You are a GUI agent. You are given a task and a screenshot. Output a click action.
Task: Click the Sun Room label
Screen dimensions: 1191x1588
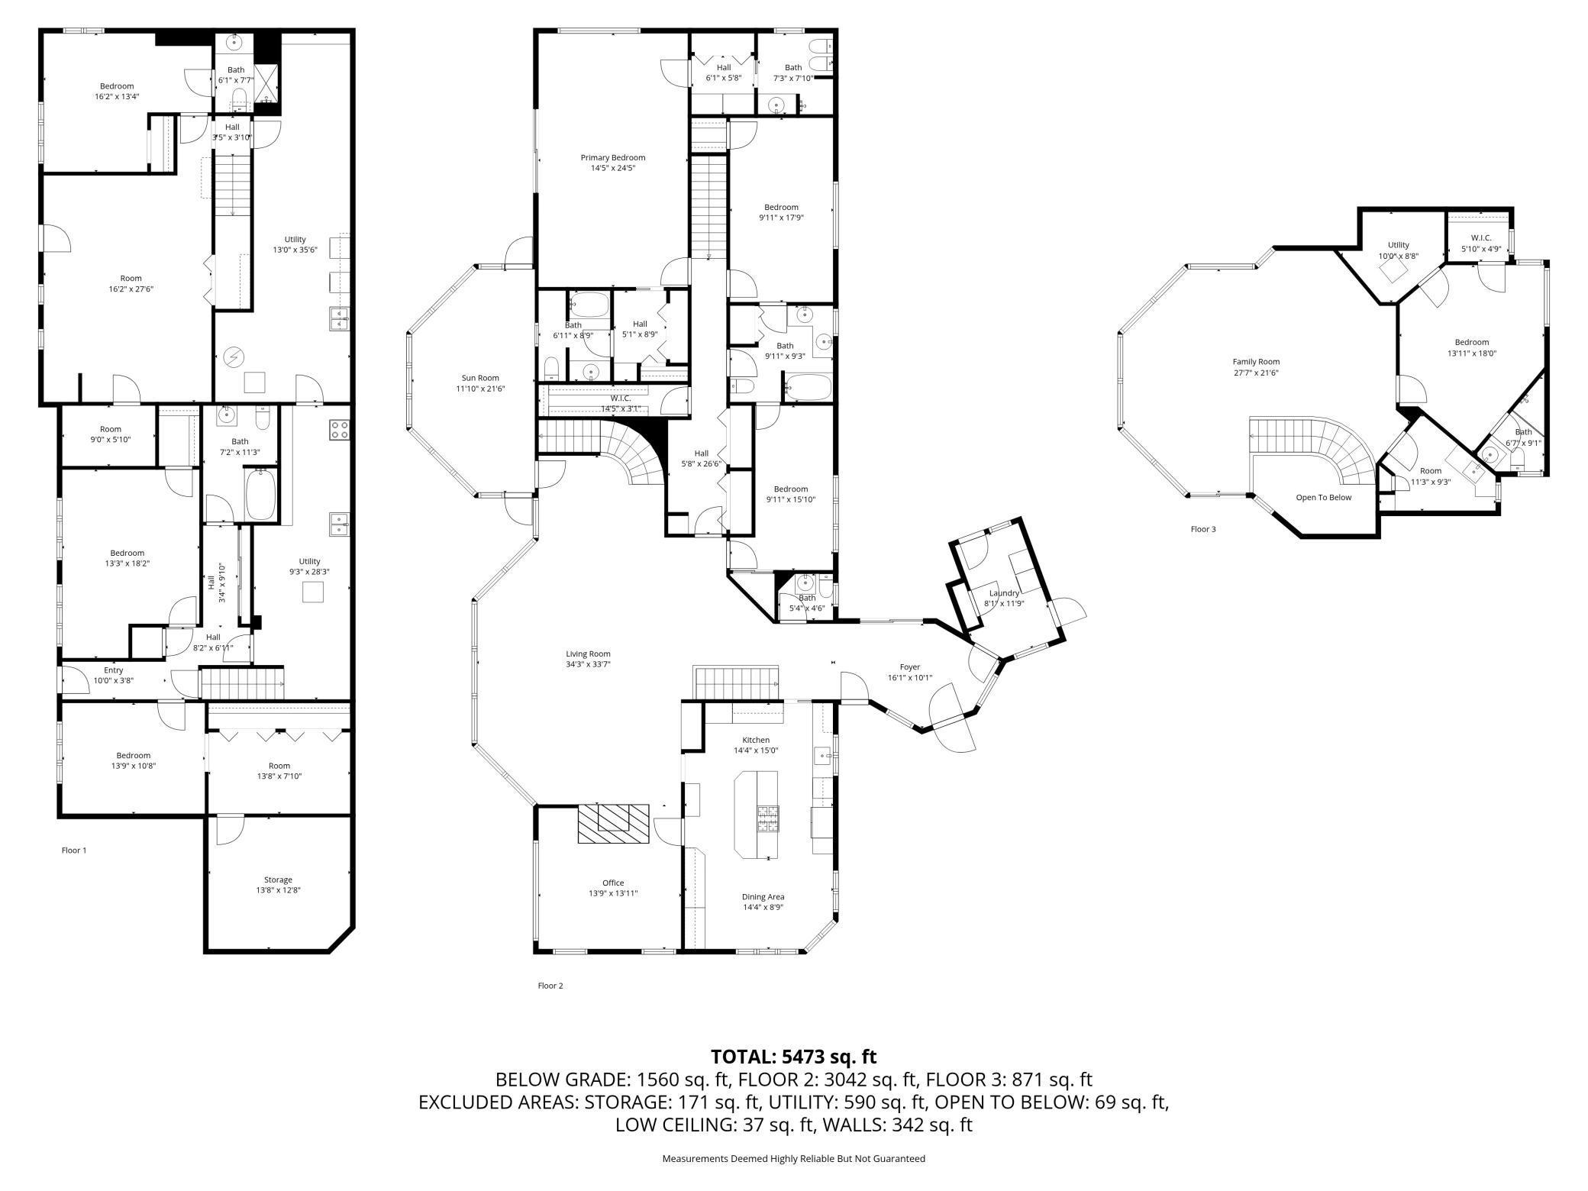pos(480,378)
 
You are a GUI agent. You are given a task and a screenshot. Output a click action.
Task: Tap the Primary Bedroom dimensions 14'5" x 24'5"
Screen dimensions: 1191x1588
pos(612,168)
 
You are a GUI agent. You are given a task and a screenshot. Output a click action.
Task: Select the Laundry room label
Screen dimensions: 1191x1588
pos(1004,593)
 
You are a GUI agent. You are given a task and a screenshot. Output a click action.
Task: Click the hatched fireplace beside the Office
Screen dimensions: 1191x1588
pos(613,823)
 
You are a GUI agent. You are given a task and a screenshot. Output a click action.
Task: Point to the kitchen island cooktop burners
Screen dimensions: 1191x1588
pos(767,818)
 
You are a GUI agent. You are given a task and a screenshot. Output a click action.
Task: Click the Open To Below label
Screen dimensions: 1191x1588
pos(1323,498)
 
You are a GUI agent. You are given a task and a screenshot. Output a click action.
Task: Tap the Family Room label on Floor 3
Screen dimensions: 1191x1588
pos(1256,362)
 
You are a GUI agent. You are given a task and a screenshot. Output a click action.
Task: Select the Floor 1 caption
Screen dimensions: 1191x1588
pos(74,850)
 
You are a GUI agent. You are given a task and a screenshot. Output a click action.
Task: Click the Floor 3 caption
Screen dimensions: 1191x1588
pos(1203,529)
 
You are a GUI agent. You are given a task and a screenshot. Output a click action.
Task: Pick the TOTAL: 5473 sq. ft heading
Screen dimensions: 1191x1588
pos(793,1057)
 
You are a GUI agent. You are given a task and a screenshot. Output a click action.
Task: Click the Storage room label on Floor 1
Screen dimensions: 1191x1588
pos(278,880)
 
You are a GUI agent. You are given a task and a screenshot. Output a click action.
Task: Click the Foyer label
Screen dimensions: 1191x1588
pos(909,667)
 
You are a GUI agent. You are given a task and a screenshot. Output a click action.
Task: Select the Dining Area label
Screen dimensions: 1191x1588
pos(763,897)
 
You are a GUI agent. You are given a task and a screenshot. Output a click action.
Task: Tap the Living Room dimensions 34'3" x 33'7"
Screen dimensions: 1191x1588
pos(588,664)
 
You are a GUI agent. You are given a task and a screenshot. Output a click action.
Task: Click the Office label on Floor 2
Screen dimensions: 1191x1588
pos(612,883)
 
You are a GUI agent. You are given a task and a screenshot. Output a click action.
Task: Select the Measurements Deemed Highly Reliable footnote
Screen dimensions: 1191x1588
pos(793,1158)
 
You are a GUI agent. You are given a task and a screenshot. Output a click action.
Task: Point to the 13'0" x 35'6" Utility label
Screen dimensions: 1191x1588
pos(295,239)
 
